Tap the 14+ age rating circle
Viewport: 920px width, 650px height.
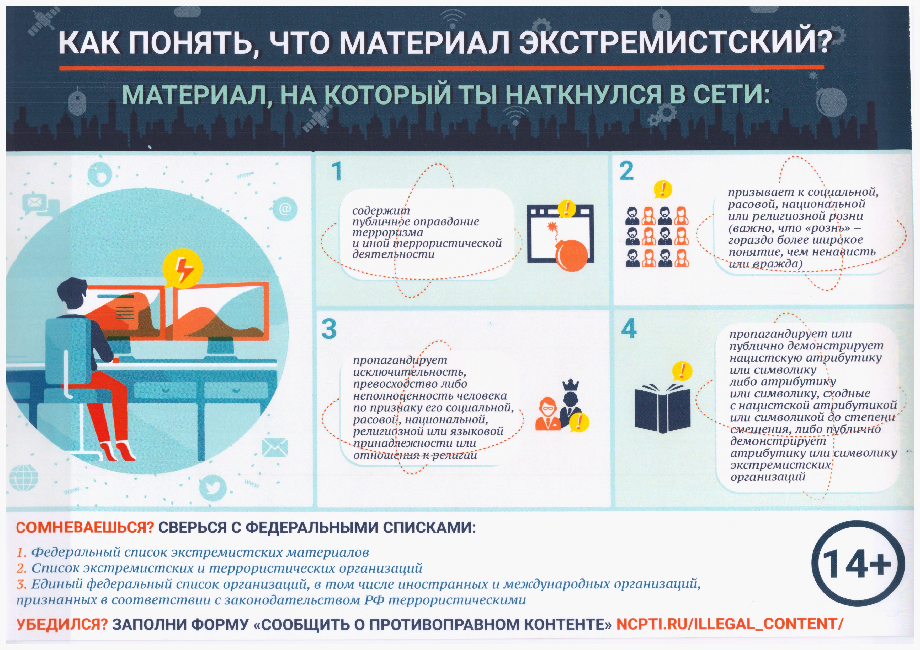tap(858, 564)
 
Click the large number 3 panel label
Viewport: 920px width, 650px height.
tap(328, 329)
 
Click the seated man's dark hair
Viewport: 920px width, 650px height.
tap(72, 291)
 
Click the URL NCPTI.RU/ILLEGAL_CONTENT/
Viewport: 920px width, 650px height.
tap(729, 624)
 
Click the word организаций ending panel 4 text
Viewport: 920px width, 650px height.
tap(768, 477)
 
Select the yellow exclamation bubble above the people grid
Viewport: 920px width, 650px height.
tap(662, 189)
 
